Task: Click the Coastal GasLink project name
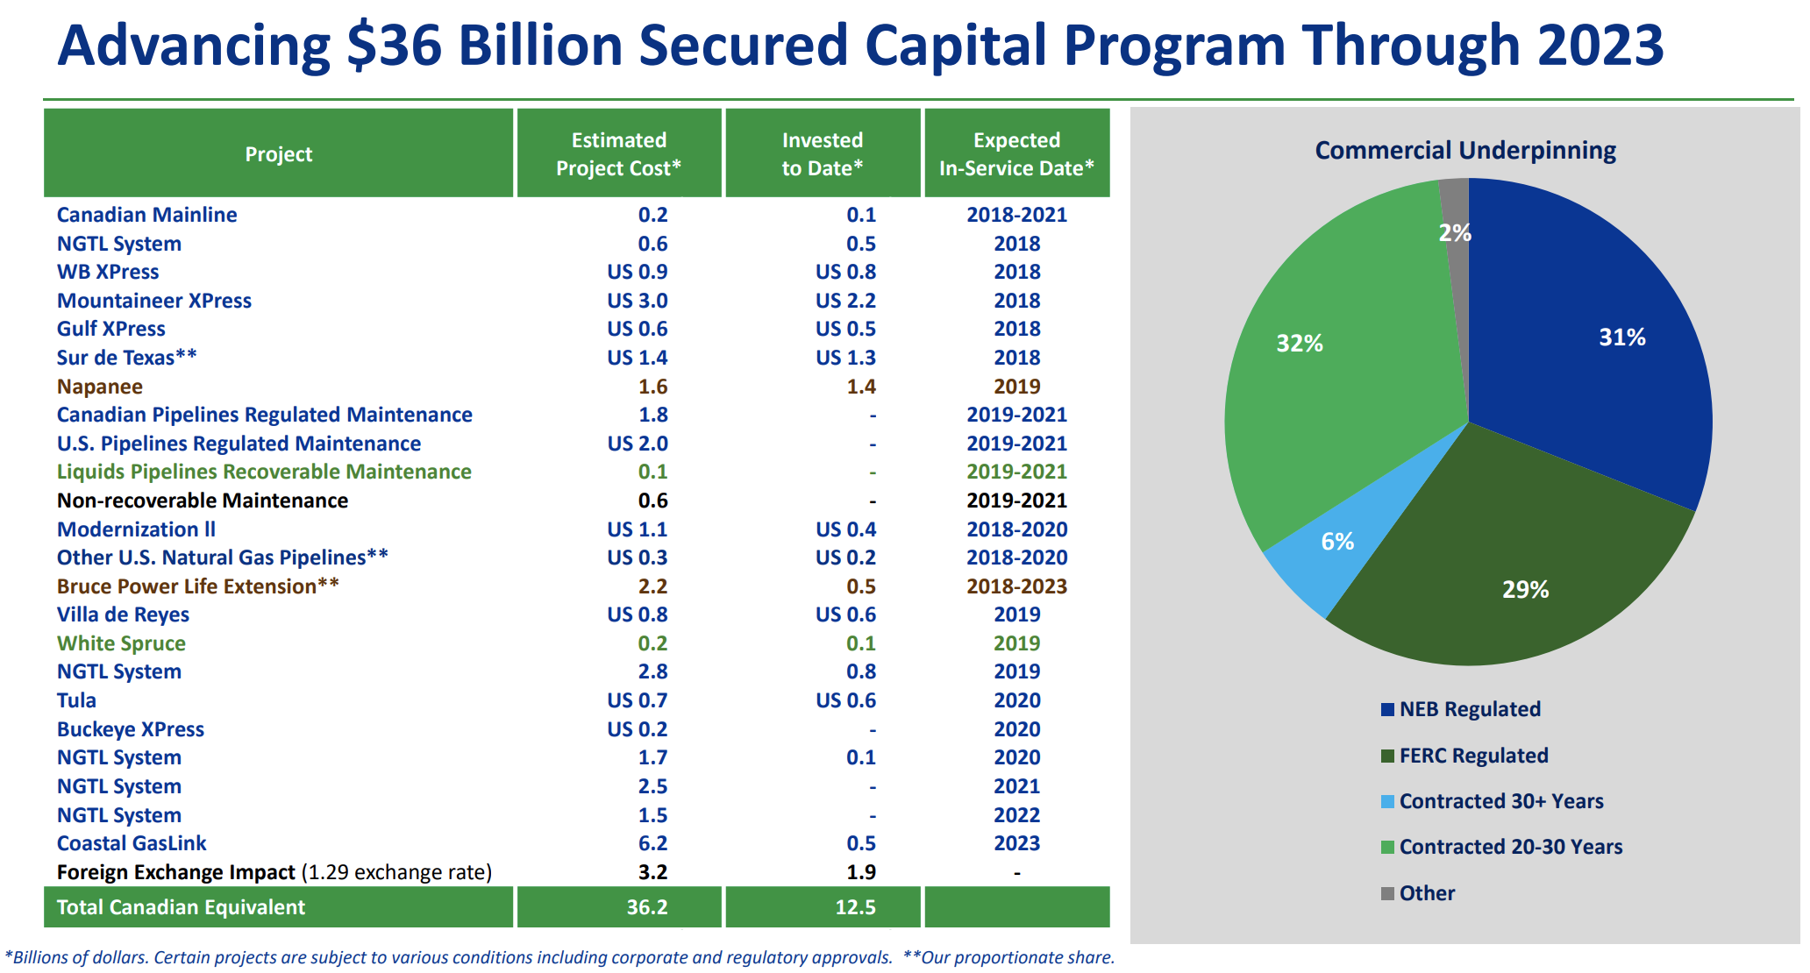click(x=132, y=843)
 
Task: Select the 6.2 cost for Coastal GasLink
click(x=652, y=843)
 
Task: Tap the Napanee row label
click(x=99, y=387)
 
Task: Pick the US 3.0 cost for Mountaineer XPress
click(x=638, y=301)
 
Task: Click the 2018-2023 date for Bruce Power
click(x=1016, y=586)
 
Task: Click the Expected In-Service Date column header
click(x=1016, y=153)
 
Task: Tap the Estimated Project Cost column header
click(x=619, y=153)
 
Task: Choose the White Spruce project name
click(x=121, y=643)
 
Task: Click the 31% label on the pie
click(x=1621, y=337)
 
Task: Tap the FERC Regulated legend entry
click(x=1464, y=756)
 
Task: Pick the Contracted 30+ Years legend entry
click(x=1492, y=801)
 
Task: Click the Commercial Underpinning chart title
click(x=1465, y=151)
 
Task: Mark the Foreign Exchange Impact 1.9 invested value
click(x=861, y=872)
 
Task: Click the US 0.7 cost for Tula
click(x=638, y=700)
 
